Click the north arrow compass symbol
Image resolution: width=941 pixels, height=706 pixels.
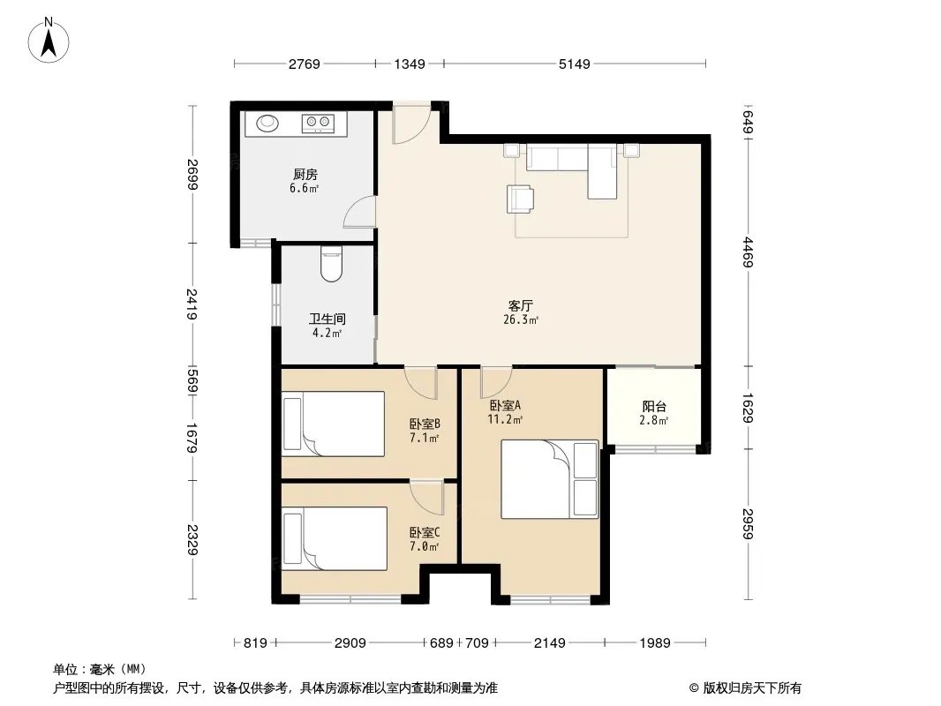pyautogui.click(x=49, y=40)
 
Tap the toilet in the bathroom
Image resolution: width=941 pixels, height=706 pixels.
pyautogui.click(x=331, y=264)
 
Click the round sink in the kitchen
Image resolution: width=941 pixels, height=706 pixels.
pyautogui.click(x=267, y=123)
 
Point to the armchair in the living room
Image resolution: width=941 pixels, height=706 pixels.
pyautogui.click(x=520, y=199)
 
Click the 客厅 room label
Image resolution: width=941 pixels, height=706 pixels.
pyautogui.click(x=520, y=306)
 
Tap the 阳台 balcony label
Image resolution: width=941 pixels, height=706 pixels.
pyautogui.click(x=654, y=407)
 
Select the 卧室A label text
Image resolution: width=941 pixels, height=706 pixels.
pyautogui.click(x=505, y=406)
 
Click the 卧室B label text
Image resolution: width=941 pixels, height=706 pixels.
pyautogui.click(x=425, y=424)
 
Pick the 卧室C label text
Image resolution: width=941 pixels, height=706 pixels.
pyautogui.click(x=425, y=533)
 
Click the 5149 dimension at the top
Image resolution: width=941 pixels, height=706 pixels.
pyautogui.click(x=575, y=64)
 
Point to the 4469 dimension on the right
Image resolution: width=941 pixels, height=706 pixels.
pyautogui.click(x=748, y=252)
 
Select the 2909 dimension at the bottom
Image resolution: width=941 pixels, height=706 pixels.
pyautogui.click(x=350, y=643)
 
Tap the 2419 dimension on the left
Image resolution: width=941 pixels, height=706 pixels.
pyautogui.click(x=192, y=304)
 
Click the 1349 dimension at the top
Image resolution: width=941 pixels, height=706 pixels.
pyautogui.click(x=410, y=64)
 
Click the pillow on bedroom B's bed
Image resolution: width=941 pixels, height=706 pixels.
pyautogui.click(x=292, y=424)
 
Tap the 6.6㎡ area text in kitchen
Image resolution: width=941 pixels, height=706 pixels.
pyautogui.click(x=304, y=188)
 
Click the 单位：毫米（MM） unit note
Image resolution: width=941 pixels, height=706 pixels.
pyautogui.click(x=99, y=669)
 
